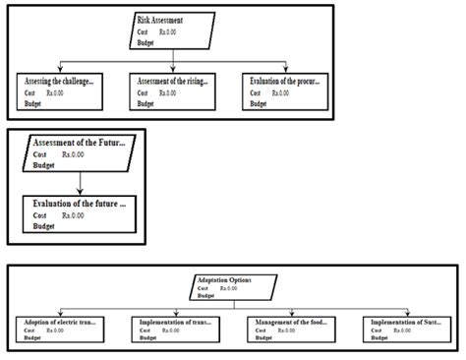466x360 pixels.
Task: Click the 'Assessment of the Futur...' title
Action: coord(80,144)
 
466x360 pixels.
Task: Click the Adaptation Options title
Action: coord(224,279)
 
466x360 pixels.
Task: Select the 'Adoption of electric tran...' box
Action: coord(60,329)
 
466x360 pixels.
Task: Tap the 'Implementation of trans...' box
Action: coord(176,329)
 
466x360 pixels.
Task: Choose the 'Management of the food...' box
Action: coord(292,329)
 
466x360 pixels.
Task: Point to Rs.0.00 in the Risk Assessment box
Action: coord(168,31)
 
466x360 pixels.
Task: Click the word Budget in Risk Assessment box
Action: coord(146,42)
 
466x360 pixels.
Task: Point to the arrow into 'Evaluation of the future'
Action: coord(78,191)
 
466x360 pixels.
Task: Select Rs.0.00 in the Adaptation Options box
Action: coord(229,288)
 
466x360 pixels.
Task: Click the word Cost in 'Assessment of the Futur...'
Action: coord(40,154)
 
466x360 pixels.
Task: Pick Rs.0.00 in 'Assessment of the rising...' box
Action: coord(168,93)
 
